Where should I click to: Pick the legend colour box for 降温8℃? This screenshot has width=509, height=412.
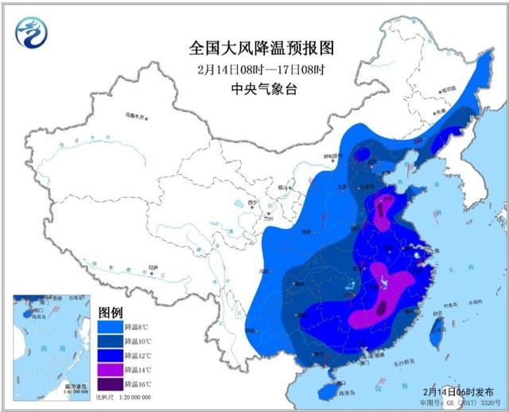[110, 327]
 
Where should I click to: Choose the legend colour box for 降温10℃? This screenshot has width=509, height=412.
[110, 341]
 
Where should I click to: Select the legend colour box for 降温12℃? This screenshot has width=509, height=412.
[110, 356]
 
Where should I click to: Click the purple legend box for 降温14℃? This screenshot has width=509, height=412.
[110, 370]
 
